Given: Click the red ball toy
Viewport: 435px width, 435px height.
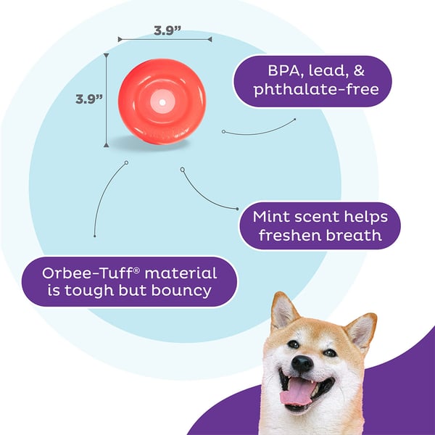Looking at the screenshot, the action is click(x=162, y=101).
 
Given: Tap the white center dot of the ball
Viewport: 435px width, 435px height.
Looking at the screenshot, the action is click(x=162, y=102).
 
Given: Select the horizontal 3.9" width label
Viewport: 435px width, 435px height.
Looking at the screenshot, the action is click(x=167, y=30).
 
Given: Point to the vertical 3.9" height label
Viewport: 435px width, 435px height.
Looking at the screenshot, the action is click(x=89, y=99).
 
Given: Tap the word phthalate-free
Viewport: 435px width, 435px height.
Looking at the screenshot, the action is click(x=316, y=89).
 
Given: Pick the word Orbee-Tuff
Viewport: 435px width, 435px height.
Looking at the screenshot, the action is click(x=88, y=273).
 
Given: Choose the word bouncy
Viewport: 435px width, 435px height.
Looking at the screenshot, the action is click(x=181, y=291).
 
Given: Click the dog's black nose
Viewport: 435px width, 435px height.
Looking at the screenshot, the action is click(x=302, y=362).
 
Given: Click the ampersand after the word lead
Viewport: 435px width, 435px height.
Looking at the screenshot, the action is click(x=359, y=71).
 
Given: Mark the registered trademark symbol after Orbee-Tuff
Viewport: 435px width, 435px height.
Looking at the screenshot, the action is click(x=137, y=270).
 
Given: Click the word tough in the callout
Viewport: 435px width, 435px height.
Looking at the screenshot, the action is click(x=89, y=291).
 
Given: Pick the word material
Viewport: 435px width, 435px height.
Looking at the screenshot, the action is click(x=181, y=273).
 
